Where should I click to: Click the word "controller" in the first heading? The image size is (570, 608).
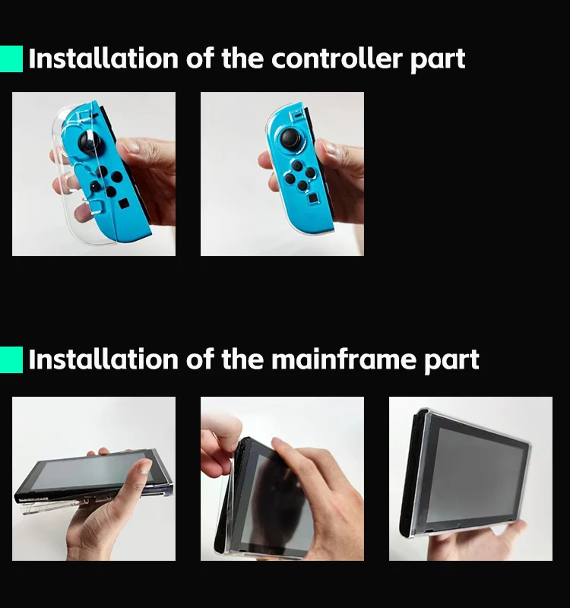(337, 59)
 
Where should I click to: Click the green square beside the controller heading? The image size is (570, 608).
(11, 59)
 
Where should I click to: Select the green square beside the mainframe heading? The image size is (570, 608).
(11, 359)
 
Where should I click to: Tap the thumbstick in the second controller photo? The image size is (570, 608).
(291, 138)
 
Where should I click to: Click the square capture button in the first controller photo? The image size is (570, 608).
(124, 204)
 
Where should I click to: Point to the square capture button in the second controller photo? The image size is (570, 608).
(313, 199)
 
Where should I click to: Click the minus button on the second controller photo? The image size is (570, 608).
(297, 116)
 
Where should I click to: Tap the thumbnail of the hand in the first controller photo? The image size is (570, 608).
(132, 147)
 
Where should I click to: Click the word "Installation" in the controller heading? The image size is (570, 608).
(103, 59)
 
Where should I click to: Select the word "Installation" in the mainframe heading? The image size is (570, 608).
(103, 359)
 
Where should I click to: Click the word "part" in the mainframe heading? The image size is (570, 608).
(451, 361)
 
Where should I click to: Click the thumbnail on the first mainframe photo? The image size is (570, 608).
(145, 467)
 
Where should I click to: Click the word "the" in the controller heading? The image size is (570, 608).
(242, 59)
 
